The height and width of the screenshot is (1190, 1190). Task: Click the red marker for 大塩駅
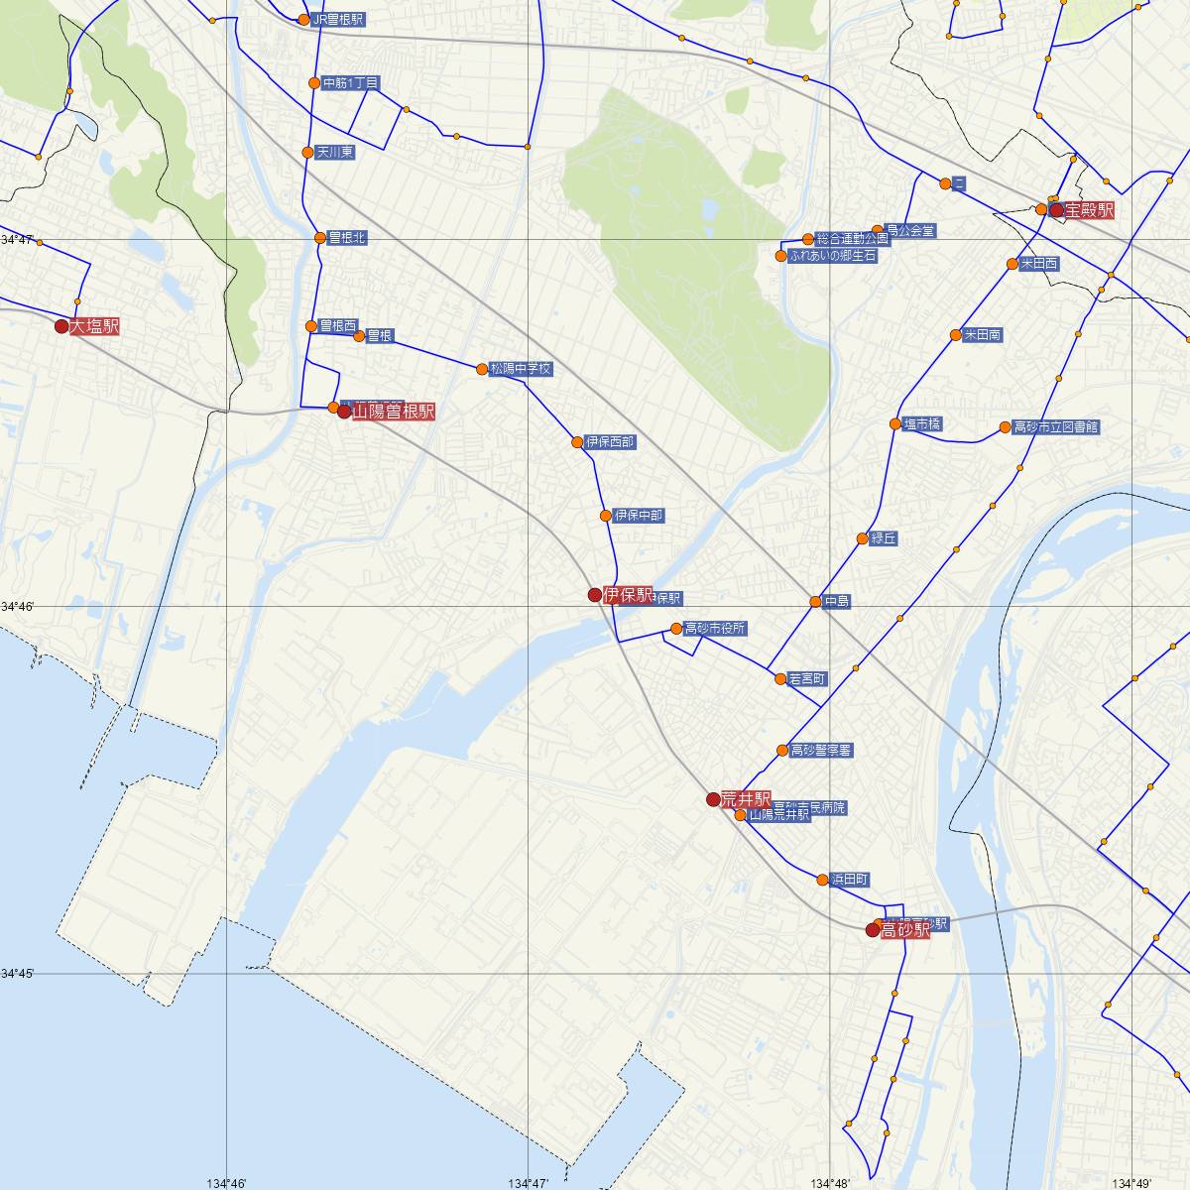tap(61, 326)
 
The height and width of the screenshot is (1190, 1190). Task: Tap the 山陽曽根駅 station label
tap(394, 412)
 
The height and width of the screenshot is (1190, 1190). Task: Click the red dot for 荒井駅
tap(713, 799)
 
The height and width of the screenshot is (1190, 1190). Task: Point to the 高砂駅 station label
tap(905, 930)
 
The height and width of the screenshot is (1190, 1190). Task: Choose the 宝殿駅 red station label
tap(1090, 210)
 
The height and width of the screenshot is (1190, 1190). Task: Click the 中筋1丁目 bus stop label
tap(351, 83)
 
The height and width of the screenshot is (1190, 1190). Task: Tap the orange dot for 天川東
tap(307, 153)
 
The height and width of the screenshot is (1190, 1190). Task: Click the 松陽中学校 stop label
tap(521, 369)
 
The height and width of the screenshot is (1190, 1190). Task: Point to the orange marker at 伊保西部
tap(577, 442)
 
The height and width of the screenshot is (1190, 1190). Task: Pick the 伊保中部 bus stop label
tap(639, 516)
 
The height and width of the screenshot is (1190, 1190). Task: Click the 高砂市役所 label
tap(715, 629)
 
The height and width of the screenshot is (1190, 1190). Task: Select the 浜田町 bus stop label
tap(850, 880)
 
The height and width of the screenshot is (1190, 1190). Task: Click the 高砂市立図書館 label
tap(1055, 427)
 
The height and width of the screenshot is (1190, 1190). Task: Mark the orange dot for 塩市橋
tap(894, 424)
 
